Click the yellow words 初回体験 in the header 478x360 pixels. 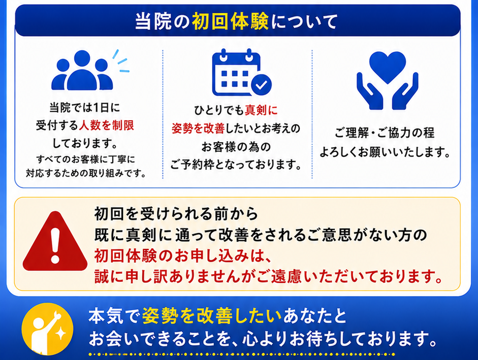[230, 22]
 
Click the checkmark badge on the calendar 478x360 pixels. [261, 84]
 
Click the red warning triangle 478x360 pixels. [55, 241]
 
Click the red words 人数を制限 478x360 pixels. [106, 125]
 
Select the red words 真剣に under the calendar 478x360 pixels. [261, 110]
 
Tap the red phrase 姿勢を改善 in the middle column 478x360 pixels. [198, 128]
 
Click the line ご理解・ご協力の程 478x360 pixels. [385, 133]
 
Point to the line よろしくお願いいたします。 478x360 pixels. [385, 151]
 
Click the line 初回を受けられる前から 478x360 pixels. [176, 214]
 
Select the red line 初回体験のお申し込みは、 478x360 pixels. [182, 256]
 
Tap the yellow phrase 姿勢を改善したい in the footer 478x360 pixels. [211, 316]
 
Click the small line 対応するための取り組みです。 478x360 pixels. [86, 173]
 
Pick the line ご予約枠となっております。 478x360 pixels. [236, 165]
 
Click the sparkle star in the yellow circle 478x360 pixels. [60, 333]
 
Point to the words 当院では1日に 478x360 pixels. [85, 107]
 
